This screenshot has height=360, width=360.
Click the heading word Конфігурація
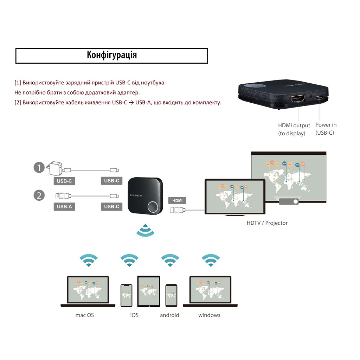pyautogui.click(x=112, y=56)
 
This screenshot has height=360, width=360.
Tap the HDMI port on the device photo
pyautogui.click(x=298, y=98)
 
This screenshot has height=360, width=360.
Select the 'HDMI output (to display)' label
pyautogui.click(x=294, y=129)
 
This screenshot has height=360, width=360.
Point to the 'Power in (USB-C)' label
pyautogui.click(x=326, y=129)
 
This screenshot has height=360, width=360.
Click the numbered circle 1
pyautogui.click(x=39, y=168)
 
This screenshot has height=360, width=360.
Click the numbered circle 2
pyautogui.click(x=39, y=195)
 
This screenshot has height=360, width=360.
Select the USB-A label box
pyautogui.click(x=64, y=206)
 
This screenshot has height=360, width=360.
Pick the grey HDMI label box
pyautogui.click(x=177, y=200)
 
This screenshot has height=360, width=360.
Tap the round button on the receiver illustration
pyautogui.click(x=153, y=207)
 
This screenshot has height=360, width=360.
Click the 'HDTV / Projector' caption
pyautogui.click(x=267, y=223)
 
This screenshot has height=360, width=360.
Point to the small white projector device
pyautogui.click(x=289, y=201)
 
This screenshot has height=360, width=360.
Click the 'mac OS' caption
pyautogui.click(x=84, y=315)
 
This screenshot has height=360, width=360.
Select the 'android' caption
pyautogui.click(x=169, y=315)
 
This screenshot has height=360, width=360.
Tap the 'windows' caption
pyautogui.click(x=209, y=315)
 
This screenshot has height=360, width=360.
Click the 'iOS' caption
pyautogui.click(x=134, y=315)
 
